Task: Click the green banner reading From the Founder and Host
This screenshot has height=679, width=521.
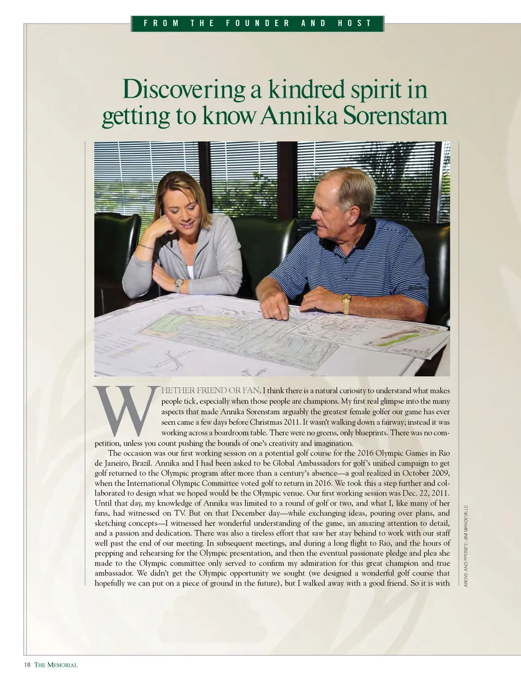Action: click(x=257, y=23)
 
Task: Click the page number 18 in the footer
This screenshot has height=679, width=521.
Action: click(x=27, y=665)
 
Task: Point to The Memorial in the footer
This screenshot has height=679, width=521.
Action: click(x=56, y=665)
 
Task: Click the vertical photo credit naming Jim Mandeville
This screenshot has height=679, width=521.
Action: click(x=466, y=545)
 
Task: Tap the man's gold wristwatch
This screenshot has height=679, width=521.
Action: click(x=346, y=303)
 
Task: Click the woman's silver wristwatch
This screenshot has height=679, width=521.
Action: click(x=179, y=285)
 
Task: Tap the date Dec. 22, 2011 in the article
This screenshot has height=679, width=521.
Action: click(x=425, y=493)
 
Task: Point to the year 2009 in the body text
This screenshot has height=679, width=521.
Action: click(x=441, y=473)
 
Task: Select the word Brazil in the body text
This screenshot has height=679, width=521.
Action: click(x=141, y=463)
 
